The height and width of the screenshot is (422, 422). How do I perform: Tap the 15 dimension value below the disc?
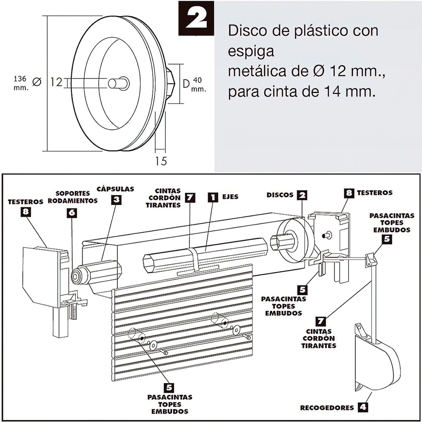161,160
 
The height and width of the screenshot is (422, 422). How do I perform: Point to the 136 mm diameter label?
21,83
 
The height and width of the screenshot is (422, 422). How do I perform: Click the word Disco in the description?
247,31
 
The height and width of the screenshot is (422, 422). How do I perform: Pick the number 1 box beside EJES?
214,197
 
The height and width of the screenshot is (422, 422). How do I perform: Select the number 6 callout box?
72,213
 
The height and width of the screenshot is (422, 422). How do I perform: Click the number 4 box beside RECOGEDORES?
362,407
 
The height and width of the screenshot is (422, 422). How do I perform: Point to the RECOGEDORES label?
326,408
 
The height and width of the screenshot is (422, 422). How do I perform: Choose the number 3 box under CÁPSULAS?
116,200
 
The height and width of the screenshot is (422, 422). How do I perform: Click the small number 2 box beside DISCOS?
302,195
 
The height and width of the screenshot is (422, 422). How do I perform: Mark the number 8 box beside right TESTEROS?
349,193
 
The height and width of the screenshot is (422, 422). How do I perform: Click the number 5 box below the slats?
168,387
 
